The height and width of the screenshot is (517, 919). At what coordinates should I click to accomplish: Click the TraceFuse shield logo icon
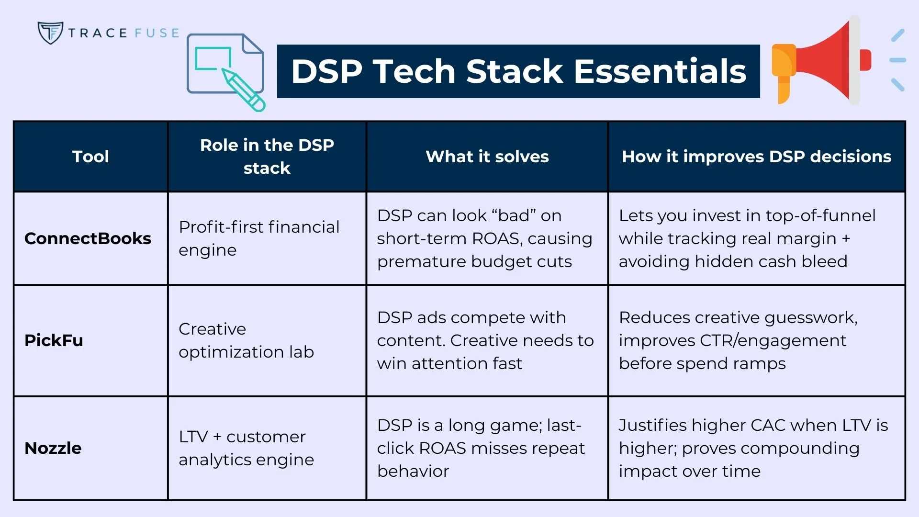click(50, 33)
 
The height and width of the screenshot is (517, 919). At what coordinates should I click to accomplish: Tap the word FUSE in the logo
click(157, 33)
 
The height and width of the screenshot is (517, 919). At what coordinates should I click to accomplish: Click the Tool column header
click(90, 157)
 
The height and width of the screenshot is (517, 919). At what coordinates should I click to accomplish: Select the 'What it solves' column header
click(487, 157)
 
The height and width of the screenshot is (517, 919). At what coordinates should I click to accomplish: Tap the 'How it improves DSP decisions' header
click(756, 157)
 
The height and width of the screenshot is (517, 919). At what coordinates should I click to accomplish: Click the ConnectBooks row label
click(88, 238)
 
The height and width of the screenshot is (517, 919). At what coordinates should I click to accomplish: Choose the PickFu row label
click(54, 340)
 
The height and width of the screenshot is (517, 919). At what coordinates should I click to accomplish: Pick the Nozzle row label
click(53, 448)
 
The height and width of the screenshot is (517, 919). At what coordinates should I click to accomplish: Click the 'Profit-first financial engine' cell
click(259, 238)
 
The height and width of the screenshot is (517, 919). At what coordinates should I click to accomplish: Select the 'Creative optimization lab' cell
click(246, 340)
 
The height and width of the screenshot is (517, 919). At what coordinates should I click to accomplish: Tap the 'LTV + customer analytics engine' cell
click(246, 448)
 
